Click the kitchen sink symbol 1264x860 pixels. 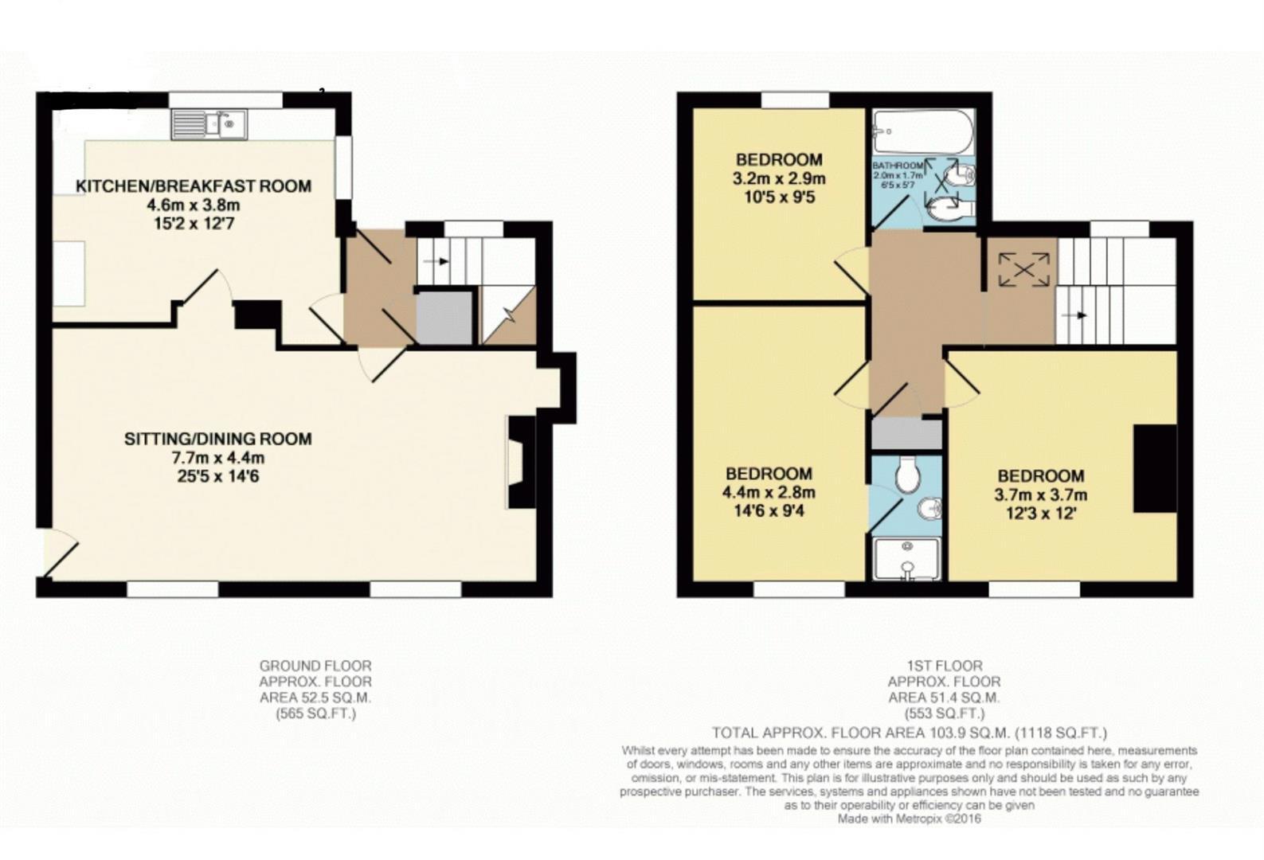(209, 124)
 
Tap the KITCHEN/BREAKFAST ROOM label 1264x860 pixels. (193, 186)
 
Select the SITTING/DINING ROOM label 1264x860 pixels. (217, 439)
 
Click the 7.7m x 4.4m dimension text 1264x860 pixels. (217, 458)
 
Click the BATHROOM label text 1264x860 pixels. (898, 166)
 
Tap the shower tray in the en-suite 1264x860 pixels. (906, 559)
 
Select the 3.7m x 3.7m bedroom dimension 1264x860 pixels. (1040, 495)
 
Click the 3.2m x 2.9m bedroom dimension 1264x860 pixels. (778, 178)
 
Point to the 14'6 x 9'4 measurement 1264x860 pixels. (768, 511)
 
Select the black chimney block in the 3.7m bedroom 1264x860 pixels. (1155, 469)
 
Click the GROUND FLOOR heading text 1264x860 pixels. (315, 666)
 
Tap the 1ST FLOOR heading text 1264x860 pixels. (944, 666)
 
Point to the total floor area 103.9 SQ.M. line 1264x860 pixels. (909, 733)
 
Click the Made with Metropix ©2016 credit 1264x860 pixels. (909, 819)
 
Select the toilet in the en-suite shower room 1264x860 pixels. (906, 476)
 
